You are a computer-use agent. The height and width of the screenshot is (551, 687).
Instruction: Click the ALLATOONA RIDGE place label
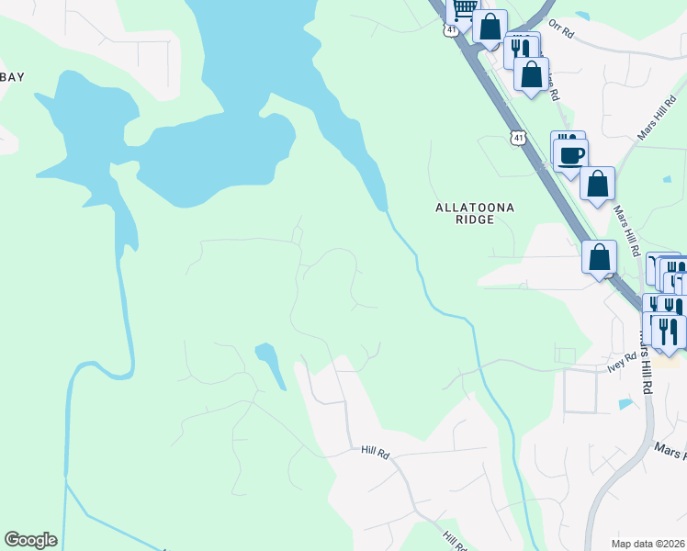pos(475,214)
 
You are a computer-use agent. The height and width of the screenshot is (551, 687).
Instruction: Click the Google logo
pos(30,540)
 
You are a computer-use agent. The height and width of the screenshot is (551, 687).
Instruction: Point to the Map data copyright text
pos(648,544)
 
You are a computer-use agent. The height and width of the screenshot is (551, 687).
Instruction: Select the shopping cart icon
pos(465,8)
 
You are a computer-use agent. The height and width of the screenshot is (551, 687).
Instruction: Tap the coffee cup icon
pos(570,153)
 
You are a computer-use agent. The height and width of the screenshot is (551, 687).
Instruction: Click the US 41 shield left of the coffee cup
pos(520,139)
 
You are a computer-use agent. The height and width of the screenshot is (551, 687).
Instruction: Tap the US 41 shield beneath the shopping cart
pos(450,30)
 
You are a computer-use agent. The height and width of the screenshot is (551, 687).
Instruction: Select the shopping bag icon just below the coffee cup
pos(598,184)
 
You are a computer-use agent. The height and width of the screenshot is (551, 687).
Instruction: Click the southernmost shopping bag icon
pos(599,257)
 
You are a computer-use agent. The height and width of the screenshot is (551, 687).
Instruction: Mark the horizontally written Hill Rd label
pos(376,453)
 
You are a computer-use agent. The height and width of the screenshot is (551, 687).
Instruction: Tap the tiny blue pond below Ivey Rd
pos(625,403)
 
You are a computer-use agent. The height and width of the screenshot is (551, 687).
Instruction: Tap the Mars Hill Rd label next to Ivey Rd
pos(647,366)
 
